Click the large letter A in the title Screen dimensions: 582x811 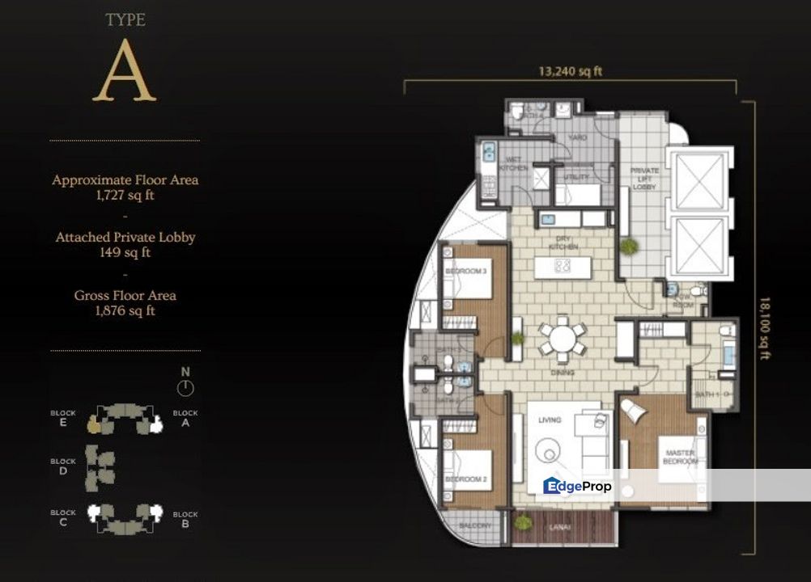click(124, 70)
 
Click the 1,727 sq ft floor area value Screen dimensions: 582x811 click(125, 195)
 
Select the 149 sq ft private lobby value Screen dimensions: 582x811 click(125, 252)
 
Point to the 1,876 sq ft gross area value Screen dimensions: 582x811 click(125, 310)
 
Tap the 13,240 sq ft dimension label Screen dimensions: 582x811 click(571, 71)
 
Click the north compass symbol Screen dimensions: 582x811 click(185, 387)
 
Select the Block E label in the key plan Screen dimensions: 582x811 click(62, 417)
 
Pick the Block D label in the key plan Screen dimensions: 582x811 click(62, 466)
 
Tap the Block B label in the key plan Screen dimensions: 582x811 click(185, 519)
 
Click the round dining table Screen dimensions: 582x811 click(563, 338)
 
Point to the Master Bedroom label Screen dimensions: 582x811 click(679, 458)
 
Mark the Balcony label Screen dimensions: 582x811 click(474, 525)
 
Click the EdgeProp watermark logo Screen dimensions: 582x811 click(578, 486)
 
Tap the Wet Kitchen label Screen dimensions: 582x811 click(514, 163)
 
